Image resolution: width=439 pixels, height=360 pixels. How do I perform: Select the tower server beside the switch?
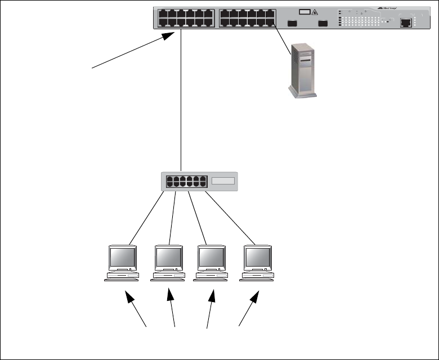coord(301,71)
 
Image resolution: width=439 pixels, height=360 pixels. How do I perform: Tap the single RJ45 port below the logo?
coord(405,23)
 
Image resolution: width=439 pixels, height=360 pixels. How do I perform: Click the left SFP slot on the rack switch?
coord(292,24)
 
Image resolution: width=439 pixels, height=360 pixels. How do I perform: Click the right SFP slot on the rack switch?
coord(322,24)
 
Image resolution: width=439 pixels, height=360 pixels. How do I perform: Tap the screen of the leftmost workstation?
coord(122,258)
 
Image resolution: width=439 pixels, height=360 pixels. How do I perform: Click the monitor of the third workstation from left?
coord(212,258)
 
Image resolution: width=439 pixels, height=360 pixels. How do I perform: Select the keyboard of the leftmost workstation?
coord(122,277)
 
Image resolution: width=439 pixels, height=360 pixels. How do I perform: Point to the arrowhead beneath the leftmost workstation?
coord(128,295)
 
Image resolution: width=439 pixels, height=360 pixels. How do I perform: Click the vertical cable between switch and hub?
coord(181,101)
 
